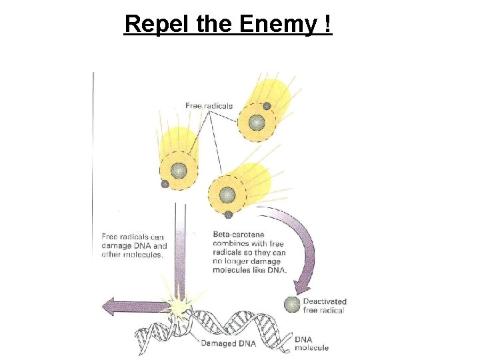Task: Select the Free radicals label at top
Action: coord(209,106)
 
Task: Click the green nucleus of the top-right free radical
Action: coord(257,123)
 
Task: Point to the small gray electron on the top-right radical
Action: coord(267,106)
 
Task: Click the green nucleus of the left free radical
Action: coord(178,171)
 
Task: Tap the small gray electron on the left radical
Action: coord(165,184)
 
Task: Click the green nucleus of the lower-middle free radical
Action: coord(228,195)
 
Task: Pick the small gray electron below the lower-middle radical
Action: coord(228,215)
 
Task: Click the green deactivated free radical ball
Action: coord(292,305)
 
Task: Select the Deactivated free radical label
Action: coord(324,306)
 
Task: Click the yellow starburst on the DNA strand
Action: coord(179,307)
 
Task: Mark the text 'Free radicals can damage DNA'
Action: coord(134,241)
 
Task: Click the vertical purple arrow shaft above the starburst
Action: coord(179,253)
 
